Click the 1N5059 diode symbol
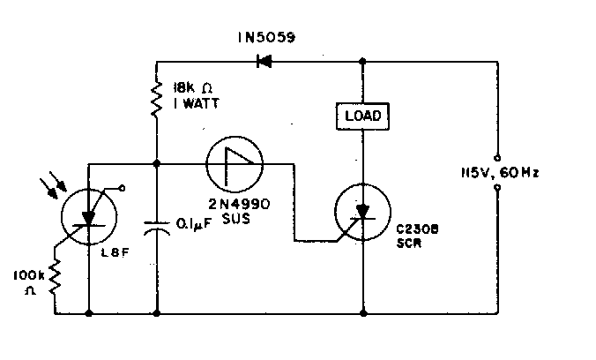tap(263, 62)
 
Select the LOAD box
tap(362, 116)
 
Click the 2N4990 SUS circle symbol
tap(235, 164)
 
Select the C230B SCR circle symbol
tap(362, 212)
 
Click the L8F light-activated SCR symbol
tap(89, 214)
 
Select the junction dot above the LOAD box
tap(362, 62)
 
